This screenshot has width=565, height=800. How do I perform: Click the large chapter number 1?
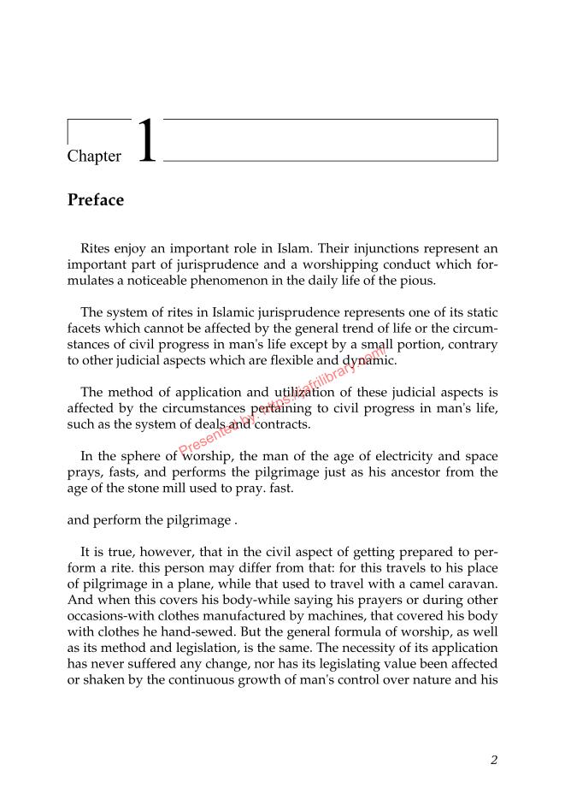point(147,142)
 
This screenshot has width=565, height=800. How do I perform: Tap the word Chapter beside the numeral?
point(94,157)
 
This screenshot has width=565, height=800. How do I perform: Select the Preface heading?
point(96,200)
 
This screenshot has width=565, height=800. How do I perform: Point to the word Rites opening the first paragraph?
point(98,249)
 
